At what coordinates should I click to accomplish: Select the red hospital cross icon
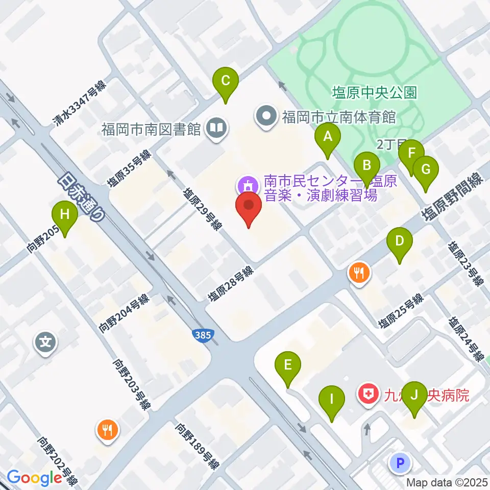click(367, 394)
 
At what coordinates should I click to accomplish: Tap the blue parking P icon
click(400, 463)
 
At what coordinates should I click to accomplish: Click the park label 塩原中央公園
click(375, 92)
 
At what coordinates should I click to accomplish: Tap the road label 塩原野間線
click(452, 197)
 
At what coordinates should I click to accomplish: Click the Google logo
click(34, 478)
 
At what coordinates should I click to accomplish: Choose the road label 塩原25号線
click(401, 311)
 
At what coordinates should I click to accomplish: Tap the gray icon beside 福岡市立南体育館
click(266, 117)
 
